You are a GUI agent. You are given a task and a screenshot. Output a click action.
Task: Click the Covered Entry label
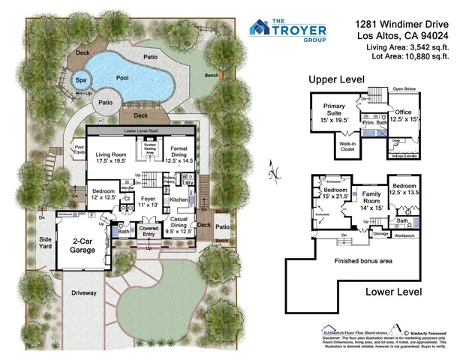149,232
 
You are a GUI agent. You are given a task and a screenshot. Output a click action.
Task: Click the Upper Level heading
336,79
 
